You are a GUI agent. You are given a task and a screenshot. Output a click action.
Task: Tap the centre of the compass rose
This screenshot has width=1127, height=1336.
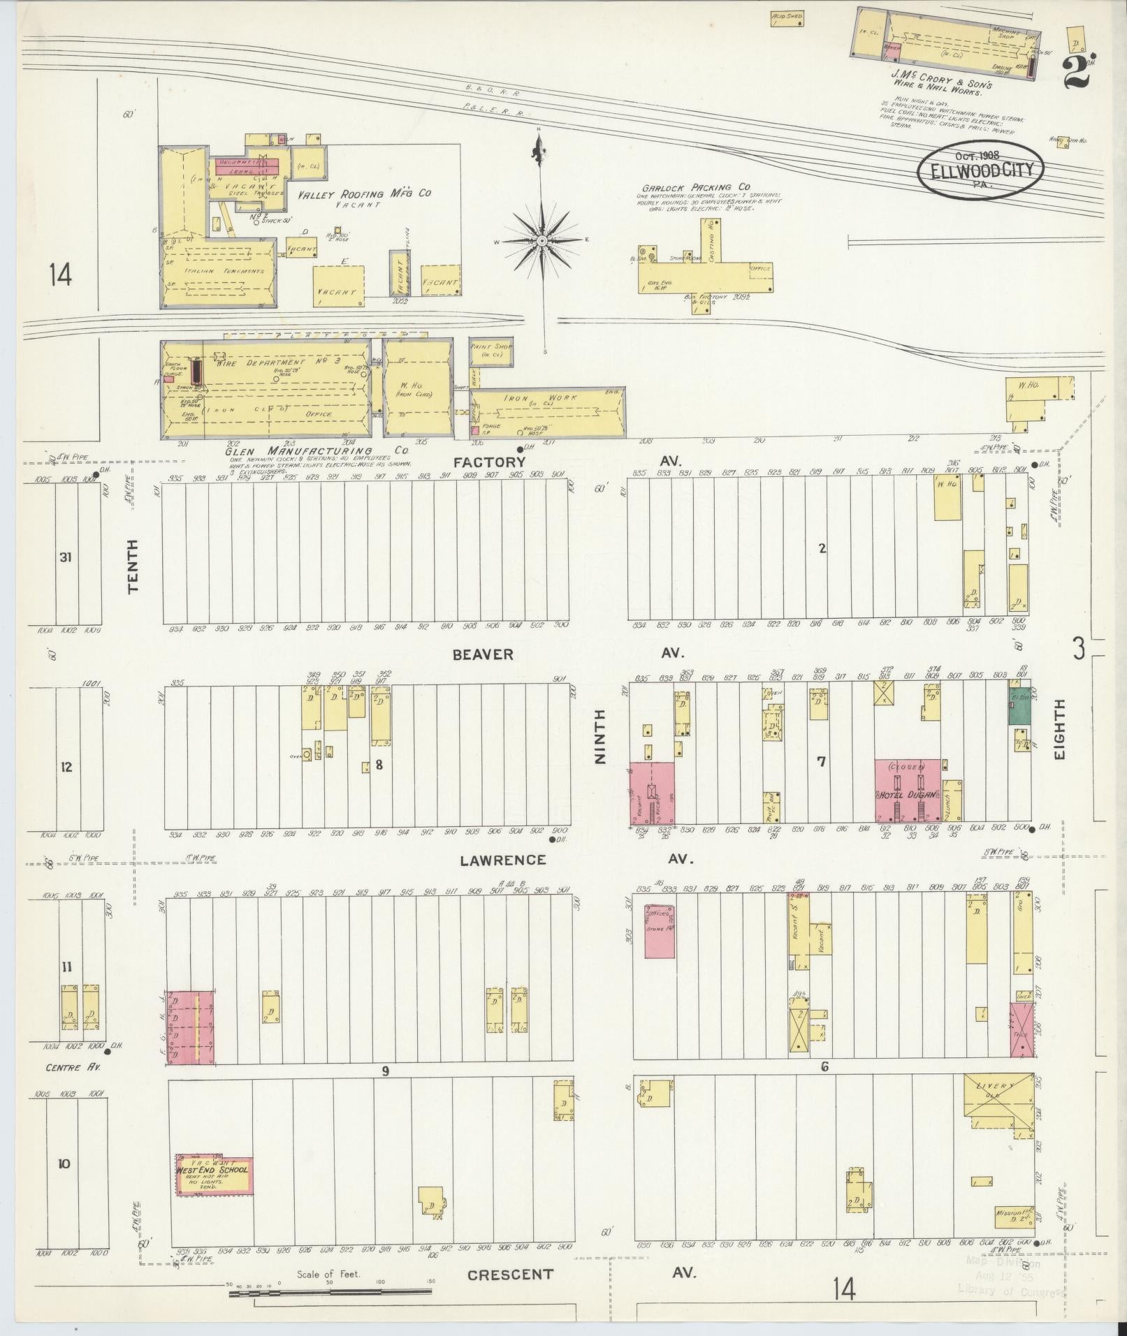(541, 241)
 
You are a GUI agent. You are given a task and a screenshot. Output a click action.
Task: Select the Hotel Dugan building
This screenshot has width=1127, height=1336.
(907, 790)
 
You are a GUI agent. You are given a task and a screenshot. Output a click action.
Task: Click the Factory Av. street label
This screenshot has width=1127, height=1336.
(499, 462)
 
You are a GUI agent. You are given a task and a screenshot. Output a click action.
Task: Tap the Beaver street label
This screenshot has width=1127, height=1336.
(483, 654)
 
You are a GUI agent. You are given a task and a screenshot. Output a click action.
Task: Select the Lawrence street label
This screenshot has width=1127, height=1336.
(493, 860)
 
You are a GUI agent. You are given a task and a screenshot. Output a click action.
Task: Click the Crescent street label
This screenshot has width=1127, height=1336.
(510, 1275)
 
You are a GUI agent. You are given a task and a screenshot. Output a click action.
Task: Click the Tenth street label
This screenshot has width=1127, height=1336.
(133, 567)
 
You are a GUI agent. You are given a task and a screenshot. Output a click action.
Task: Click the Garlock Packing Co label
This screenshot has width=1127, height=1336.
(696, 187)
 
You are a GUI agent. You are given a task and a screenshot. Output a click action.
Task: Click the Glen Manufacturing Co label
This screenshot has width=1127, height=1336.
(316, 450)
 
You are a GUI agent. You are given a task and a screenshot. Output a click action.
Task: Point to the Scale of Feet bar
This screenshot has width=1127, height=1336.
(328, 1293)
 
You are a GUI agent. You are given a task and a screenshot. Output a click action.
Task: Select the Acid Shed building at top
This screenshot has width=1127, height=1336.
(787, 18)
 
